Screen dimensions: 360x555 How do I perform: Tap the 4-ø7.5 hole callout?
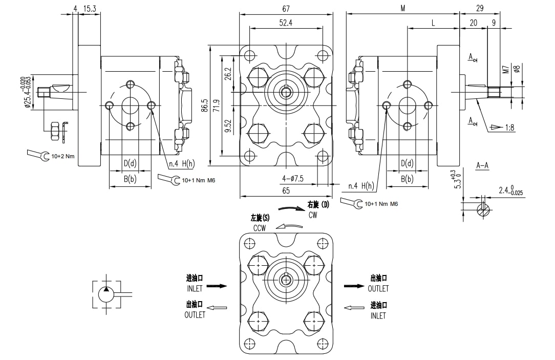(293, 179)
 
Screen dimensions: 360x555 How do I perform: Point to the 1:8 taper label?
(509, 128)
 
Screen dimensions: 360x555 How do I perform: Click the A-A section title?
(482, 165)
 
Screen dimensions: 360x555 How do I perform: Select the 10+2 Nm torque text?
(63, 156)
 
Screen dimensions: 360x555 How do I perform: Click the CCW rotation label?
(259, 228)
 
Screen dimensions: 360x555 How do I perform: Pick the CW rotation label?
(313, 216)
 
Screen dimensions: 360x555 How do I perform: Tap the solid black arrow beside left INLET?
(217, 286)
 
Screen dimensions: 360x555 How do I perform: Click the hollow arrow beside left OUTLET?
(217, 307)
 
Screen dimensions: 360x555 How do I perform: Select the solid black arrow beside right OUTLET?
(354, 286)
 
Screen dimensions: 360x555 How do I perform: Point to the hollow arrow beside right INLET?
(354, 308)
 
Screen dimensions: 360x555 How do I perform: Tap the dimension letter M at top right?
(403, 8)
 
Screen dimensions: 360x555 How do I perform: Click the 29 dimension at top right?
(479, 8)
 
